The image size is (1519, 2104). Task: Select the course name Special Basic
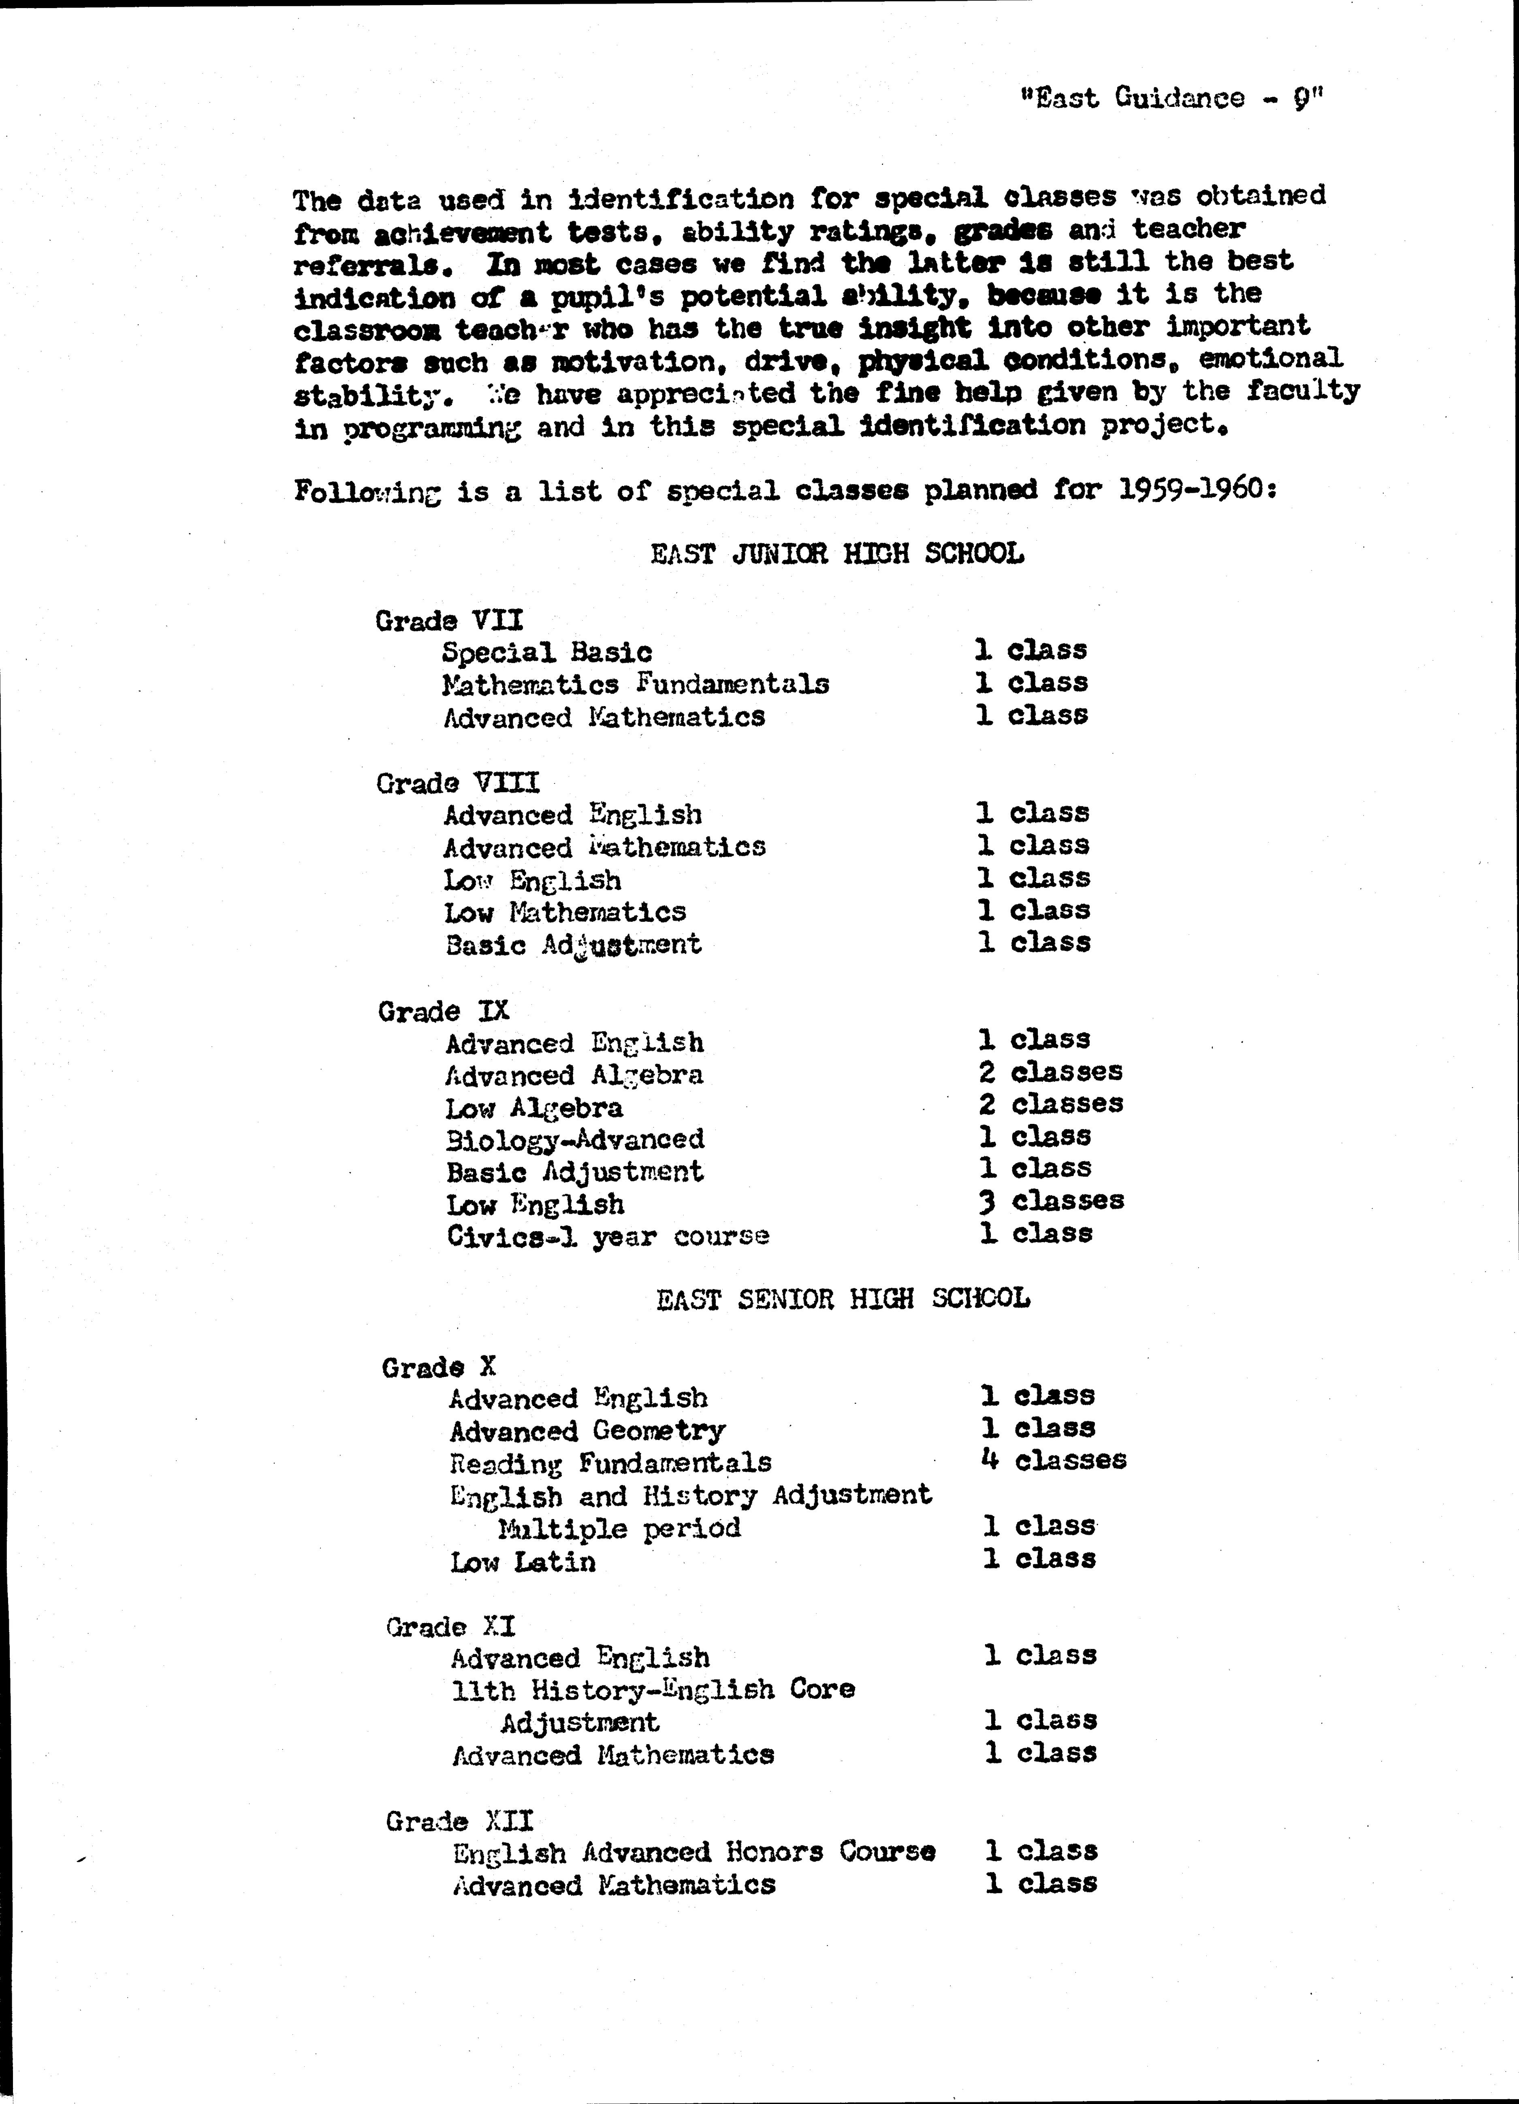tap(546, 653)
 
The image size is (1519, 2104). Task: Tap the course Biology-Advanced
tap(574, 1139)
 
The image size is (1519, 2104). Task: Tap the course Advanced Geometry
tap(587, 1430)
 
